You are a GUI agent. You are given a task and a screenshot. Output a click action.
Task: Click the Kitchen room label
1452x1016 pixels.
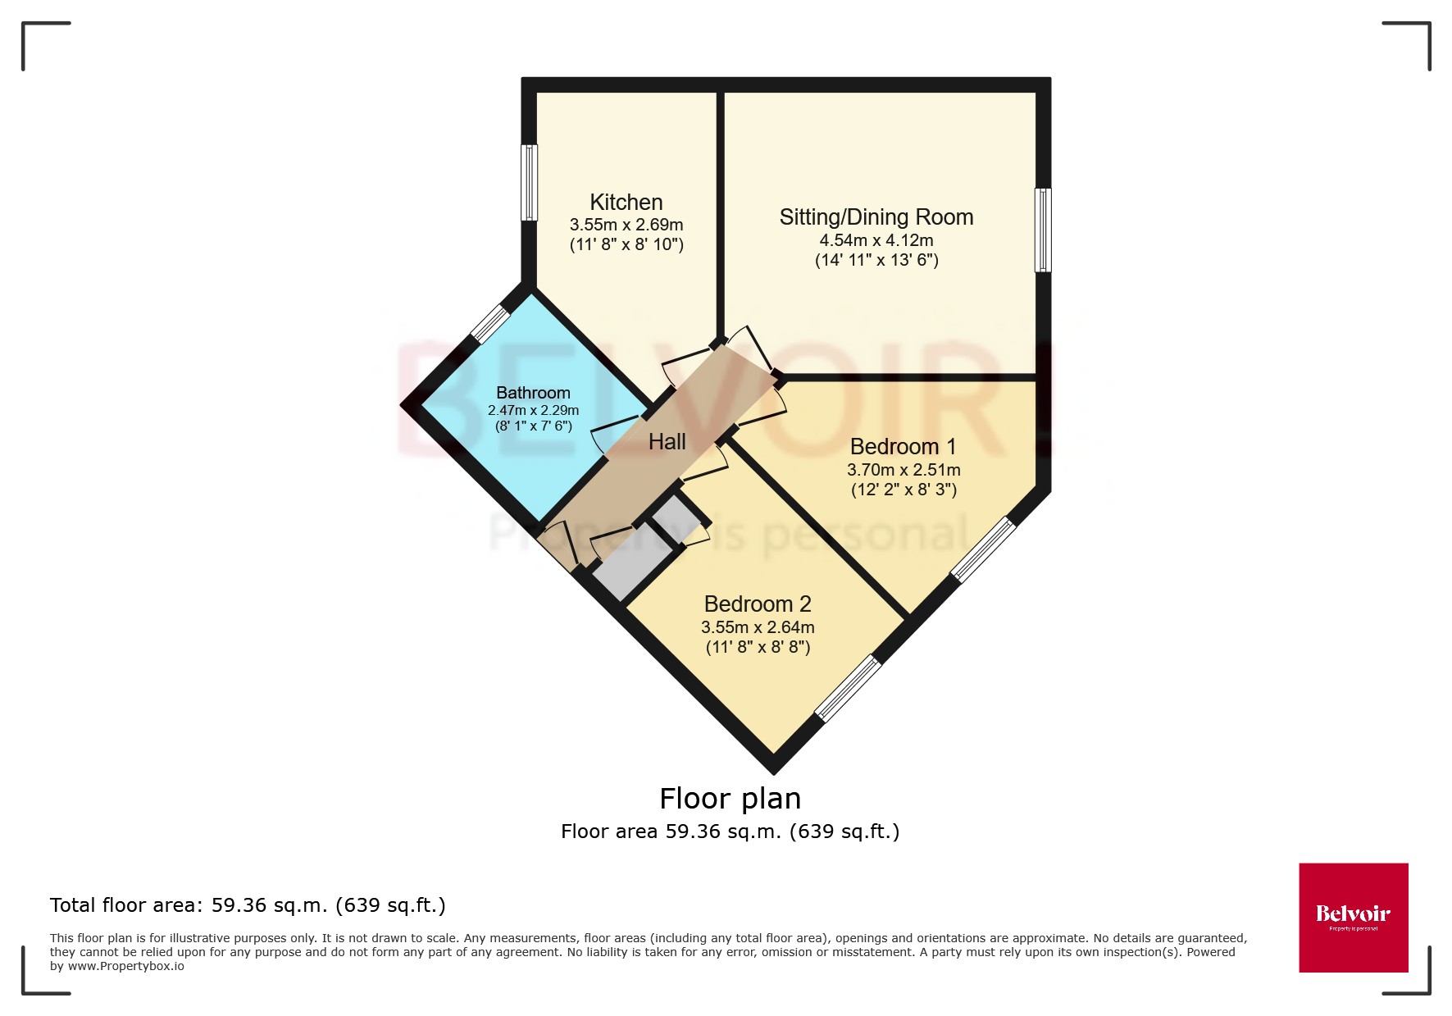coord(626,203)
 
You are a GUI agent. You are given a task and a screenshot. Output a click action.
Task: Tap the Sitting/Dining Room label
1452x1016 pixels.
coord(876,217)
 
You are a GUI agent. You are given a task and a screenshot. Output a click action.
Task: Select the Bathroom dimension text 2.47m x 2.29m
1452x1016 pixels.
coord(533,411)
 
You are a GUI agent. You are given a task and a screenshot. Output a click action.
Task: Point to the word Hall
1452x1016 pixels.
coord(667,442)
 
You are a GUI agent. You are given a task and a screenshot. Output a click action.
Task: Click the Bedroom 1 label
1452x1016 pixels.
coord(903,447)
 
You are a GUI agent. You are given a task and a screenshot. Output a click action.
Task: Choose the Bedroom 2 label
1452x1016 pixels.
coord(757,604)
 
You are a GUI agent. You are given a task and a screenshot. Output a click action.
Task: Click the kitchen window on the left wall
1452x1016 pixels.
coord(530,183)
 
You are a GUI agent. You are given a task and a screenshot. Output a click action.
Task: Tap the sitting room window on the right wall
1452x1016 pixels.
coord(1042,230)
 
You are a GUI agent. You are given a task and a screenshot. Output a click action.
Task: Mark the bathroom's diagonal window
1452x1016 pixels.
coord(491,324)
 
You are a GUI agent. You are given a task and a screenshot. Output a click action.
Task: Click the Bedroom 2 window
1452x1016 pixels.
coord(848,688)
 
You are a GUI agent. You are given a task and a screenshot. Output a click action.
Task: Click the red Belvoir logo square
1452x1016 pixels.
coord(1353,917)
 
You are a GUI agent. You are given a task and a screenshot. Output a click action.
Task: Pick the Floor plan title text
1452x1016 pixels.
coord(730,798)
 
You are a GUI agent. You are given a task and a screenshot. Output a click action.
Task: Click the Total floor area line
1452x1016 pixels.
coord(248,905)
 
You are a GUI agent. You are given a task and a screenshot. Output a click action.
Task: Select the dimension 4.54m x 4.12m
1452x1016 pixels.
coord(876,240)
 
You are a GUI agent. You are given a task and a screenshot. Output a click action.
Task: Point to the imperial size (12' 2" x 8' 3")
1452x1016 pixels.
coord(904,490)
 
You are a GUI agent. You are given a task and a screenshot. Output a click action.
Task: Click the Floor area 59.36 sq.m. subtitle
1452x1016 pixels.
coord(730,831)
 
